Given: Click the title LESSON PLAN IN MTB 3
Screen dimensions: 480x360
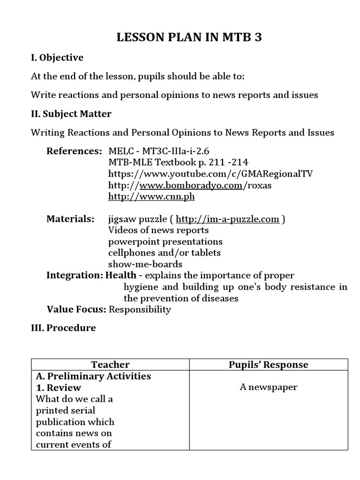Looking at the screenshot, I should [x=189, y=38].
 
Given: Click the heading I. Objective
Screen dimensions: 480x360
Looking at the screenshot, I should [x=57, y=58].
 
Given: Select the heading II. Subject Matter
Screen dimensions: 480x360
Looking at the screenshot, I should [x=71, y=114].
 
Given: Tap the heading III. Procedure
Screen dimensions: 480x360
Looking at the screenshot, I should [x=63, y=328].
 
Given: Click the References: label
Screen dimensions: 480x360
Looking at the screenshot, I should [x=74, y=151].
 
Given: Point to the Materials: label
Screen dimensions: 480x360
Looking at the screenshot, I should [x=70, y=219].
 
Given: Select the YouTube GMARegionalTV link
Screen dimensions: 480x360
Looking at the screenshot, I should [x=210, y=174].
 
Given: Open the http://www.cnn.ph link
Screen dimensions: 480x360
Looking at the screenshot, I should [x=151, y=196].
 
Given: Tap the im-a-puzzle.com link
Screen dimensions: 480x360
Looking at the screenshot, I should [x=227, y=219].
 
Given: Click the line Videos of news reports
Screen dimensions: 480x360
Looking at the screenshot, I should [x=158, y=230].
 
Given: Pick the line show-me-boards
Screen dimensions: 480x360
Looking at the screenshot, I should [x=145, y=264].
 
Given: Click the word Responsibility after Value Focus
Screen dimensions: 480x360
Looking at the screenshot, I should [x=141, y=309].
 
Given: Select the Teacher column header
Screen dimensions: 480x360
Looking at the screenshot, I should [x=110, y=364].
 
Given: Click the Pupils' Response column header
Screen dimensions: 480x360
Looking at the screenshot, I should [x=269, y=364].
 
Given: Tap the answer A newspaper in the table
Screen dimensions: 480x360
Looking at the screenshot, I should [x=269, y=387].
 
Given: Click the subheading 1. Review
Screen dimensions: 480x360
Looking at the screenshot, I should [x=59, y=388].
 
